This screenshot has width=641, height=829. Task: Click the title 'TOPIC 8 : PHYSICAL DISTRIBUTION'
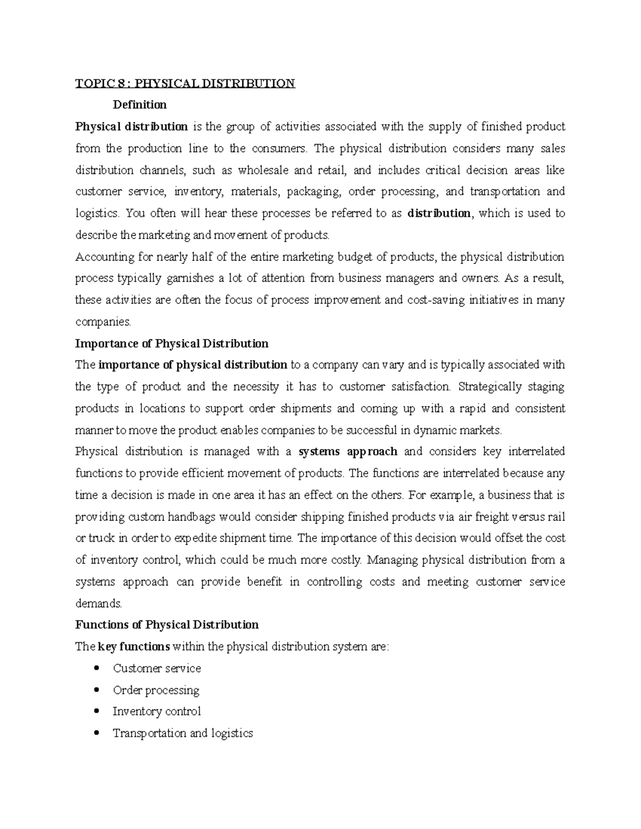coord(185,83)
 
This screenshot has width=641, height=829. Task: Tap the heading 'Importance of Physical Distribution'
coord(171,343)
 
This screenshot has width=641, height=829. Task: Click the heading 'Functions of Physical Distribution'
coord(167,625)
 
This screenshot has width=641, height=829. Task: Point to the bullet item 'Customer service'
coord(157,668)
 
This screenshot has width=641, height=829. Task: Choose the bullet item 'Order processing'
coord(155,690)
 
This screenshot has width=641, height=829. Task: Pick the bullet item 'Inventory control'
coord(157,712)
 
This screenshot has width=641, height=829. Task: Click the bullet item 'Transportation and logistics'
coord(183,733)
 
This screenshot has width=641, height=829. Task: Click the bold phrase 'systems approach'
coord(348,452)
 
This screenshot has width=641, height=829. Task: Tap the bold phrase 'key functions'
coord(134,647)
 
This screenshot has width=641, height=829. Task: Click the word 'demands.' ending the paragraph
coord(99,604)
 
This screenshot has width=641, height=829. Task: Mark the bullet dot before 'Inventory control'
coord(96,711)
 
